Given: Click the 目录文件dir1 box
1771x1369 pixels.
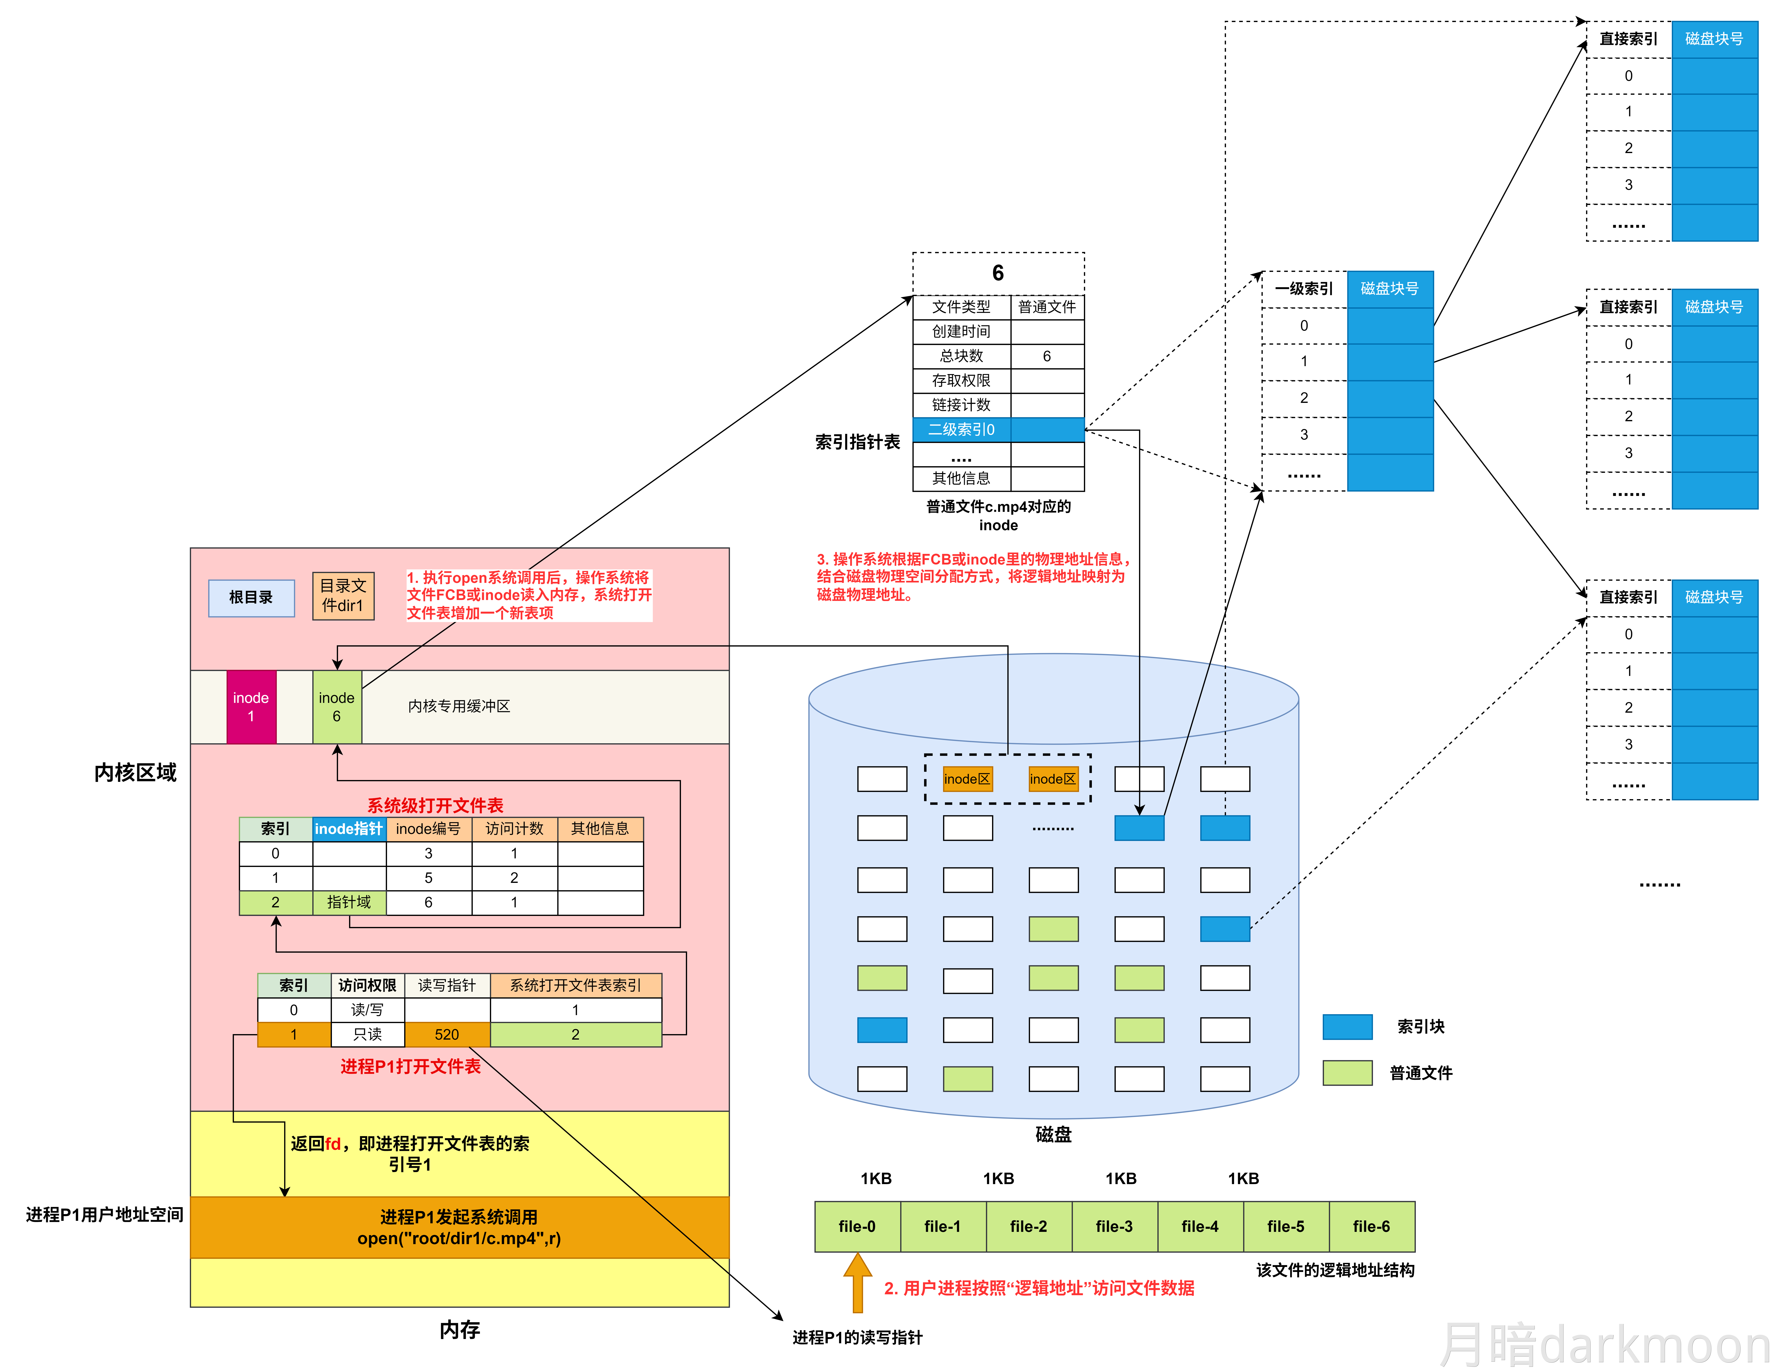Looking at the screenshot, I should tap(343, 596).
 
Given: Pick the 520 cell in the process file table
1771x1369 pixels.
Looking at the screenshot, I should tap(447, 1034).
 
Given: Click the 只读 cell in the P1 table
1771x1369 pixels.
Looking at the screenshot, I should tap(367, 1034).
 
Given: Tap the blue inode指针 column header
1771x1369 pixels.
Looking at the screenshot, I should tap(349, 828).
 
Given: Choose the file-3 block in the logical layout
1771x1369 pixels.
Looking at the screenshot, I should tap(1114, 1226).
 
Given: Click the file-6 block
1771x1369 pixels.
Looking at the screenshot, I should tap(1371, 1226).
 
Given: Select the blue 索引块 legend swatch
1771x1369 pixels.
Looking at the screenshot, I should tap(1347, 1026).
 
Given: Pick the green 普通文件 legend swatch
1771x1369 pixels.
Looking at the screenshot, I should tap(1347, 1072).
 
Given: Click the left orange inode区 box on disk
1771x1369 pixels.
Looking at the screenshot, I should tap(967, 779).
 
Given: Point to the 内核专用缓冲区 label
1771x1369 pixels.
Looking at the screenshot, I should tap(459, 706).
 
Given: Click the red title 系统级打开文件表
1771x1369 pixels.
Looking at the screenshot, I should tap(435, 805).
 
